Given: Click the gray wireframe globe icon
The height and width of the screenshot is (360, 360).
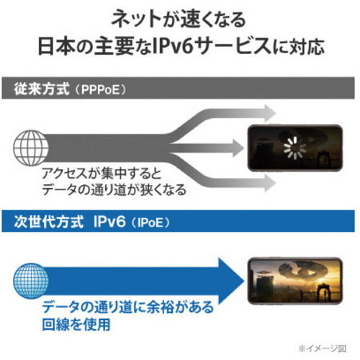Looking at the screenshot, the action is point(31,148).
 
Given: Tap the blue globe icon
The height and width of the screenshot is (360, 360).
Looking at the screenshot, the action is point(31,281).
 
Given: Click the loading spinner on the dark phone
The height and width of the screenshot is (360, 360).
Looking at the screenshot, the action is point(295,148).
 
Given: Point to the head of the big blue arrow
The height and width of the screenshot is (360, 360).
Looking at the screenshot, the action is point(232,281).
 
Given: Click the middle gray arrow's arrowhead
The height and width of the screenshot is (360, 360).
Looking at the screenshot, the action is point(238,148).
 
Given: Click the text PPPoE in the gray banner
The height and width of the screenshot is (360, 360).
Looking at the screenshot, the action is point(100,90).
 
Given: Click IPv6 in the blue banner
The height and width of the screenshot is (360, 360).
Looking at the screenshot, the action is point(109,221).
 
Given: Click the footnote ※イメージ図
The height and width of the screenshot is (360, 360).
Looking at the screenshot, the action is point(322,348).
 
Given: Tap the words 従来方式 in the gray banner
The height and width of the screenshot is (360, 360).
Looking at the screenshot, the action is point(42,89).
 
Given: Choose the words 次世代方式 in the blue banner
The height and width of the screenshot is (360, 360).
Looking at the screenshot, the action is point(49,222).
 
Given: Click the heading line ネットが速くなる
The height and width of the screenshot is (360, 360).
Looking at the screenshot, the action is point(179,19).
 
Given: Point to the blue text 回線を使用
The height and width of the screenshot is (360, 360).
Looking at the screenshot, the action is point(76,325).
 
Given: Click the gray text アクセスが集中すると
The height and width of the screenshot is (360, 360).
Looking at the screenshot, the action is point(102,174).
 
